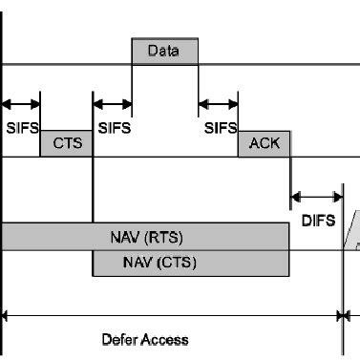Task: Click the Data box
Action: pyautogui.click(x=164, y=51)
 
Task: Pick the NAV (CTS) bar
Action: pyautogui.click(x=190, y=262)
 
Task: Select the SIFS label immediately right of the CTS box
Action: pyautogui.click(x=113, y=126)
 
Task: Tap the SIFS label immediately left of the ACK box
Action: pyautogui.click(x=220, y=126)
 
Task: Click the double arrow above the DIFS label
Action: pyautogui.click(x=316, y=198)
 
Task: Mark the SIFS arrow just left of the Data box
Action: pyautogui.click(x=112, y=100)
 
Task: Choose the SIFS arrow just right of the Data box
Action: pyautogui.click(x=219, y=100)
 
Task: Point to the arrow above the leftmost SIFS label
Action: pyautogui.click(x=21, y=100)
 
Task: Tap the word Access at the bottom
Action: pyautogui.click(x=165, y=339)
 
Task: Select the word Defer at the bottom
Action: pyautogui.click(x=119, y=339)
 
